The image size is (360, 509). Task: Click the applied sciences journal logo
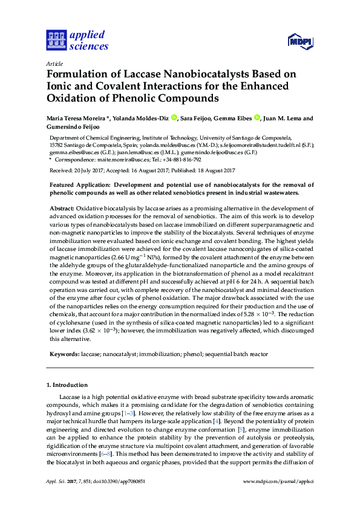(x=77, y=41)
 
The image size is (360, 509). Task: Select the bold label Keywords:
(x=64, y=352)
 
